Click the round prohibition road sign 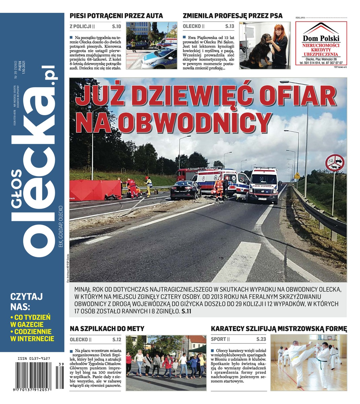pos(335,163)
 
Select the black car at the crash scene pos(185,190)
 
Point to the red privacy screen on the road pos(96,190)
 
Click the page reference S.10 pos(116,26)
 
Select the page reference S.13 pos(229,26)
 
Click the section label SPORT pos(218,339)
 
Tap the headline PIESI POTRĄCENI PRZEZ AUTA pos(116,16)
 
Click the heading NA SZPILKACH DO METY pos(107,329)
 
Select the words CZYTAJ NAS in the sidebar pos(26,301)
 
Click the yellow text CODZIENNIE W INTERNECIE pos(32,335)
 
